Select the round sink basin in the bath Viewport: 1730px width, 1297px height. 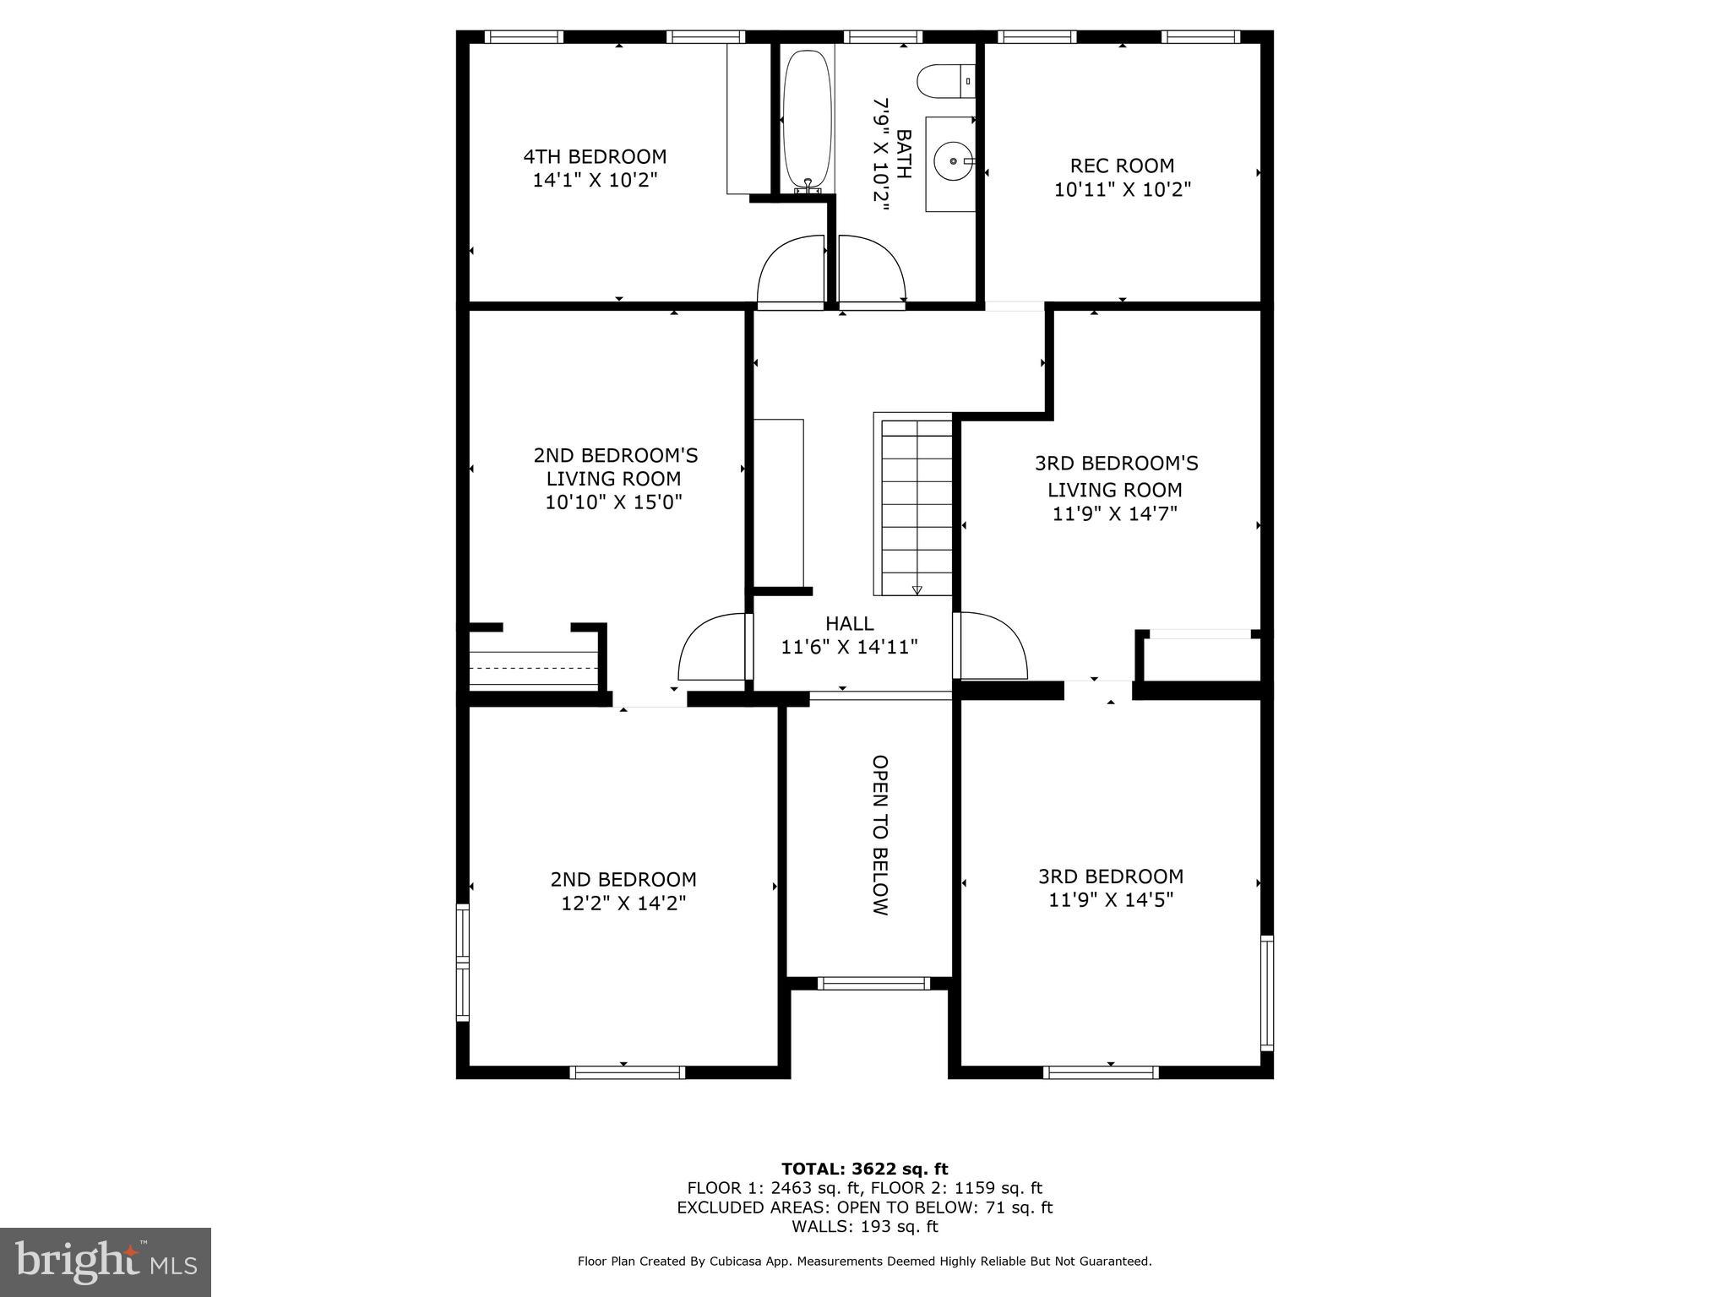(953, 160)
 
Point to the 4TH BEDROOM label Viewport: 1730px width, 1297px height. (595, 157)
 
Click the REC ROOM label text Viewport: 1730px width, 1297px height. (1122, 166)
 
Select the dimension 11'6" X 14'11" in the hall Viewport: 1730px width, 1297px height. (849, 648)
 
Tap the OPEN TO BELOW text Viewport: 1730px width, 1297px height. (879, 835)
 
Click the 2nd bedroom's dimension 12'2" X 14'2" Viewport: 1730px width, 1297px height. (623, 904)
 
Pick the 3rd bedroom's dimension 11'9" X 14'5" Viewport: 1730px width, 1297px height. (1111, 900)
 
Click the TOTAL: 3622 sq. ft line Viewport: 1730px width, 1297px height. (864, 1169)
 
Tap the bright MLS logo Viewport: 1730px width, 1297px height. (106, 1261)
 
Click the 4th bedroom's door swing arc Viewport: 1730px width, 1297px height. (790, 273)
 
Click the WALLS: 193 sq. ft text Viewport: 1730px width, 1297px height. (864, 1226)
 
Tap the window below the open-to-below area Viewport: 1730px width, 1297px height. (873, 984)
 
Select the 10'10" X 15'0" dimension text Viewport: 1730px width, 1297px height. (613, 502)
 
